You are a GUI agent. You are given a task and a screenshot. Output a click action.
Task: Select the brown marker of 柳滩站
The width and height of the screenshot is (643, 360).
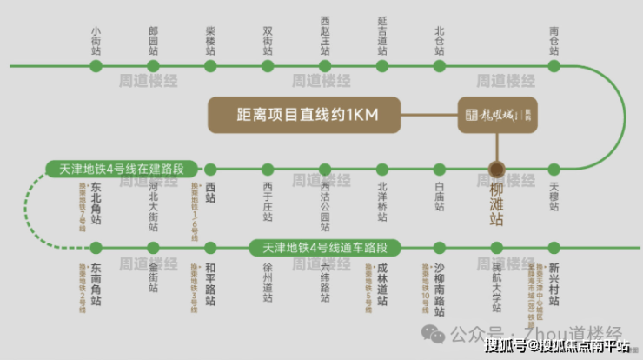click(x=497, y=169)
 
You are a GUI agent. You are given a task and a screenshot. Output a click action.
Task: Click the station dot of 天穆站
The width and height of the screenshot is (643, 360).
click(x=554, y=169)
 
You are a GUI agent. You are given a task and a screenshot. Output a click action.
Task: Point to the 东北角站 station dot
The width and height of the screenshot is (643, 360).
click(x=96, y=169)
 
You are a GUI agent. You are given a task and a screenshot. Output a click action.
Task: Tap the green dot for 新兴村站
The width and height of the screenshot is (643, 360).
click(x=554, y=248)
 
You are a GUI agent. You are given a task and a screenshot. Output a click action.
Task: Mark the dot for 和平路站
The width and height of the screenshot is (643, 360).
click(x=210, y=248)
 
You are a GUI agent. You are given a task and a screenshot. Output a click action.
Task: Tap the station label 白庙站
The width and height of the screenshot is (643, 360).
click(x=440, y=196)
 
